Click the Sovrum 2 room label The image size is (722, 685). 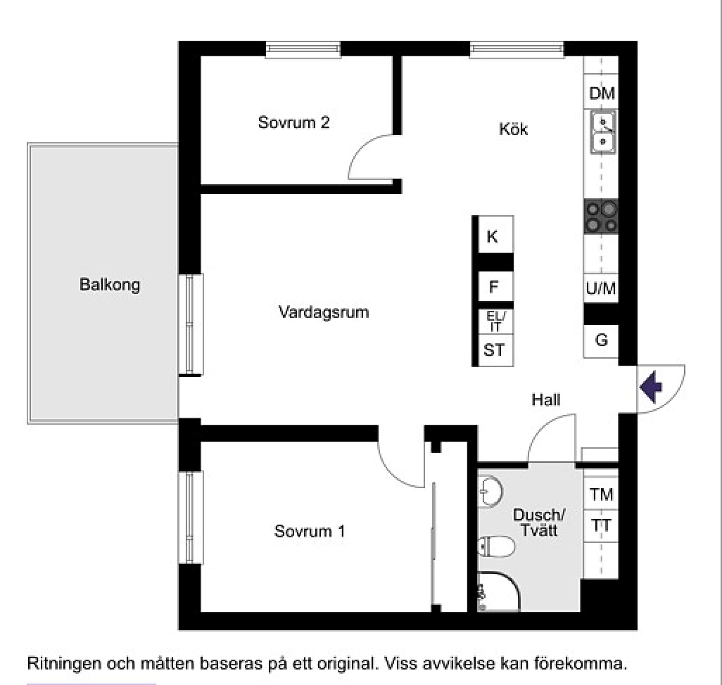coord(294,122)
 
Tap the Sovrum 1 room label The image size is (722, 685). coord(310,531)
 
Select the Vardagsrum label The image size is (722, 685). coord(324,312)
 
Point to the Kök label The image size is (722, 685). coord(513,129)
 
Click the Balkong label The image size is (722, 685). coord(110,285)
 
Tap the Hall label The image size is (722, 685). coord(546,399)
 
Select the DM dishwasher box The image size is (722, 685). coord(602,94)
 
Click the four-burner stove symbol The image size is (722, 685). coord(602,217)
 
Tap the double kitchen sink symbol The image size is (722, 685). coord(602,132)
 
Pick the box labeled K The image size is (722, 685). coord(493,237)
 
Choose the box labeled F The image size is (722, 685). coord(493,287)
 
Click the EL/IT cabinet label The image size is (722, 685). coord(495,322)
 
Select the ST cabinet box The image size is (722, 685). coord(494,350)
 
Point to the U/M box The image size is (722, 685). coord(601,288)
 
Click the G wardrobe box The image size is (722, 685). coord(601,340)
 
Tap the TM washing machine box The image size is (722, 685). coord(601,494)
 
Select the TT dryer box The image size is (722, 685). coord(601,525)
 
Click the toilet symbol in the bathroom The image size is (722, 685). coord(490,546)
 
